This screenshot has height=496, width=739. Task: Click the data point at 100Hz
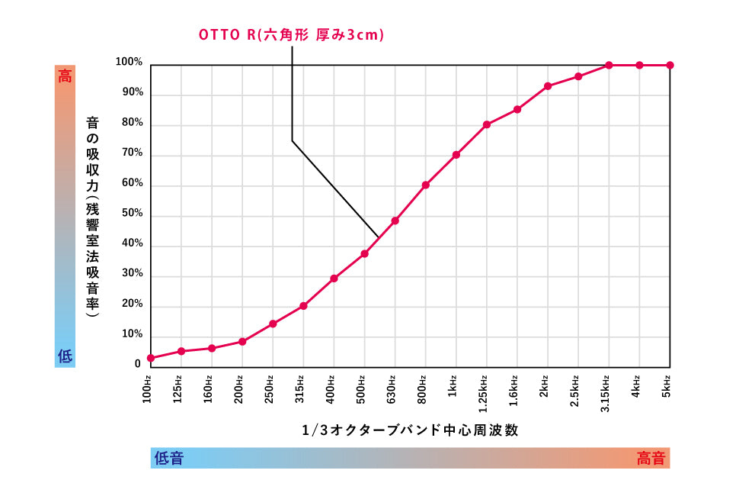(x=151, y=358)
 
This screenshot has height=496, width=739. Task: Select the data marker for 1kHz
(x=456, y=155)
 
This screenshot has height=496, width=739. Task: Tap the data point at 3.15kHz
(x=609, y=65)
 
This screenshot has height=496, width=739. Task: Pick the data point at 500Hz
(x=365, y=253)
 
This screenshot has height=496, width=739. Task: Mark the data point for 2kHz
(x=548, y=86)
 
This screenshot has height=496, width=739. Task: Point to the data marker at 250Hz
(x=273, y=324)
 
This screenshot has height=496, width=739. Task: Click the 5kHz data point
(x=670, y=65)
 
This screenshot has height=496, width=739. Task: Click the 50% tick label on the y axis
(x=132, y=214)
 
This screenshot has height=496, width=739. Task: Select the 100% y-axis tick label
(x=129, y=62)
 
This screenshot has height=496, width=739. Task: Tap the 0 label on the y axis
(x=138, y=364)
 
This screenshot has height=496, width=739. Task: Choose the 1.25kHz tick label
(x=483, y=391)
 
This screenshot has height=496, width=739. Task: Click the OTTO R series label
(x=291, y=36)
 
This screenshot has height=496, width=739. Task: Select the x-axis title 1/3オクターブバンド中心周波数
(x=411, y=430)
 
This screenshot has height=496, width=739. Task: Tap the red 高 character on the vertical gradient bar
(x=66, y=76)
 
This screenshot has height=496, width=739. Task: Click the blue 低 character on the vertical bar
(x=66, y=355)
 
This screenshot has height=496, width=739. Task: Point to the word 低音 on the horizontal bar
(x=169, y=458)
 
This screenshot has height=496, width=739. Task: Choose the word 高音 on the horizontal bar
(x=651, y=458)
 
